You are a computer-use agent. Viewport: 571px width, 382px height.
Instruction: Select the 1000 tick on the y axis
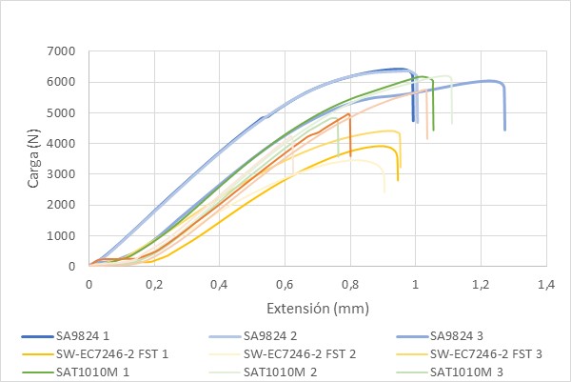(x=60, y=235)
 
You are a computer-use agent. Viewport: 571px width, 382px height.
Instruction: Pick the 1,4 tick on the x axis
(x=545, y=284)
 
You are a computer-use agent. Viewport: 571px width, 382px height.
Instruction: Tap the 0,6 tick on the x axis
(x=285, y=284)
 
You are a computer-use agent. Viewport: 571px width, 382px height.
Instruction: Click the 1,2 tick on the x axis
(x=480, y=284)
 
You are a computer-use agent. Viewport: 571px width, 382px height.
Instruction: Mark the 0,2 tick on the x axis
(x=154, y=284)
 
